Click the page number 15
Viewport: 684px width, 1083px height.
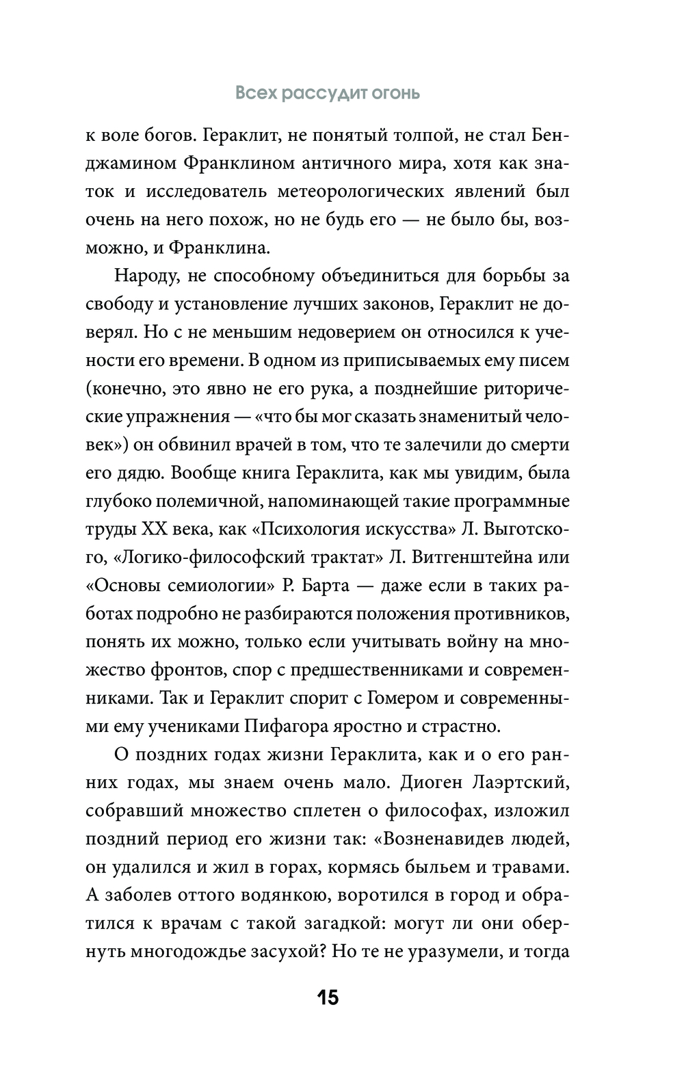(328, 997)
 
